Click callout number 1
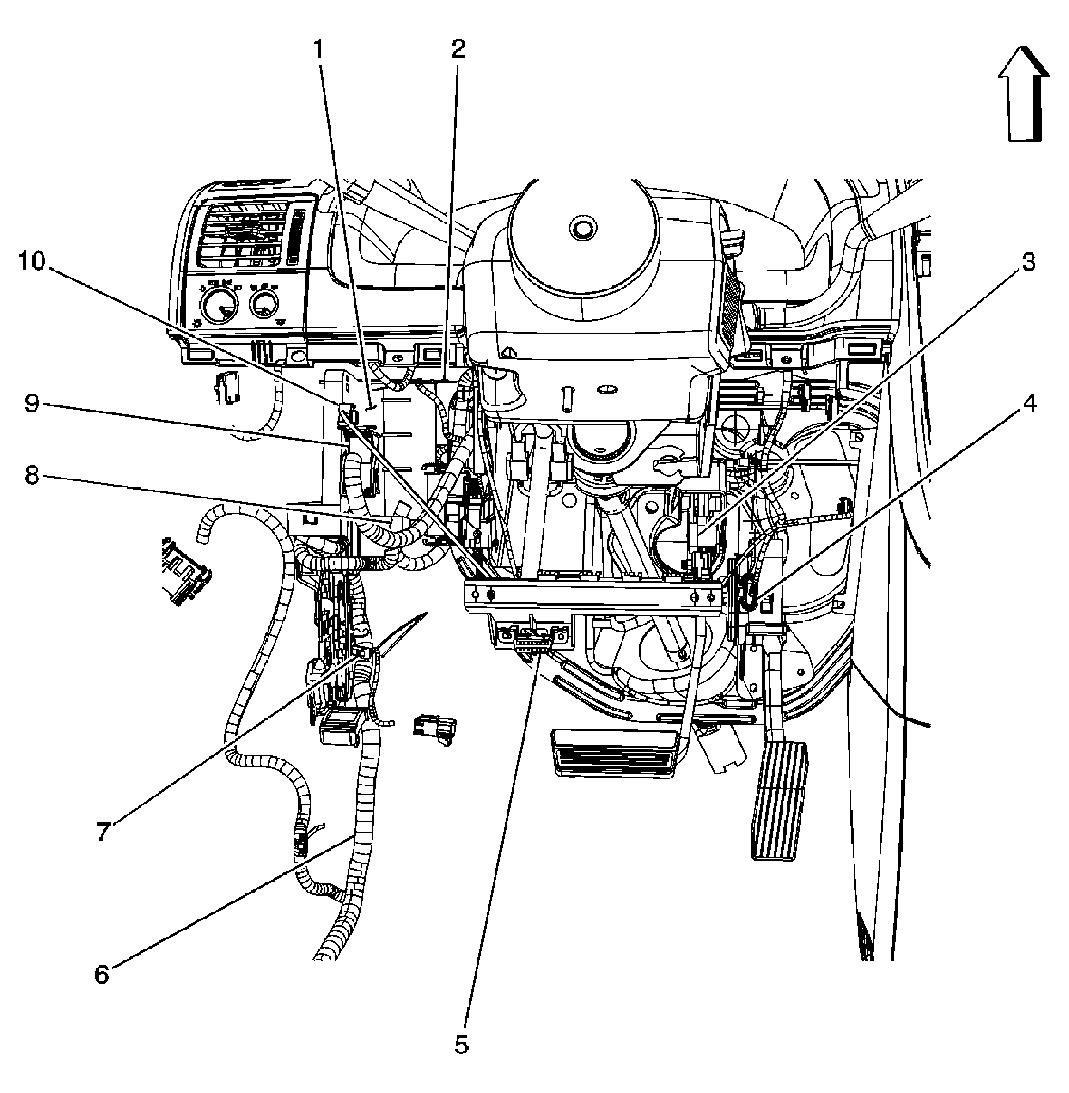point(319,51)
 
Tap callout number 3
point(1027,262)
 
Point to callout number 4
point(1029,403)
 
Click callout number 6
point(102,975)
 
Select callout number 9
point(32,403)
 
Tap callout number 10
point(32,262)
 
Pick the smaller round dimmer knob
point(262,304)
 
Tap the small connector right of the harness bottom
point(434,729)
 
